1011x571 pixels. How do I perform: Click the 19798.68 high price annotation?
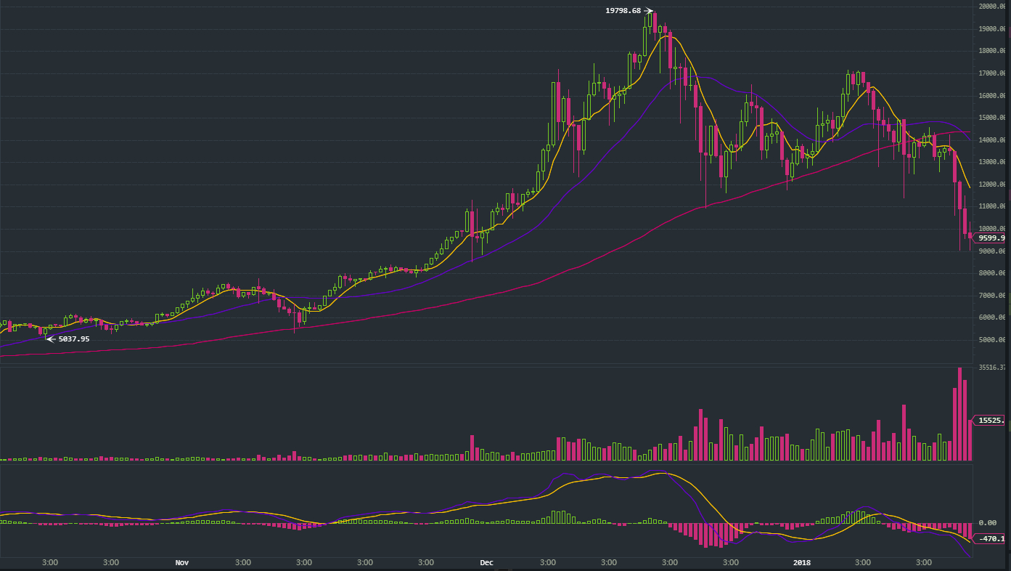[623, 10]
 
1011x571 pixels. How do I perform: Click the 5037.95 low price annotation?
[74, 339]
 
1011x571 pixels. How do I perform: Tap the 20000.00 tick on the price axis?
[991, 7]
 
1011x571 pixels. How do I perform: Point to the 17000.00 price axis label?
[991, 73]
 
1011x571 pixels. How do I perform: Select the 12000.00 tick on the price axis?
[991, 185]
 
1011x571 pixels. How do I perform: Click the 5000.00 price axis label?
[991, 340]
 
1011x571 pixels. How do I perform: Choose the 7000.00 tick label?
[991, 296]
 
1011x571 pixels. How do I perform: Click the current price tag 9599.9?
[991, 238]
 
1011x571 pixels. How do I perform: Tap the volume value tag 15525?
[991, 421]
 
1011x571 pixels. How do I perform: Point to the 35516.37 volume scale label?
[991, 368]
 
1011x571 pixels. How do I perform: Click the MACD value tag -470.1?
[991, 538]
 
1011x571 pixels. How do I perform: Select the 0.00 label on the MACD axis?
[987, 522]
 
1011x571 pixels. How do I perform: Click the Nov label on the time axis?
[182, 562]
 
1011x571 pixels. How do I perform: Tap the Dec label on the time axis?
[486, 562]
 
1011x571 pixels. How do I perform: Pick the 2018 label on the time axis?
[802, 562]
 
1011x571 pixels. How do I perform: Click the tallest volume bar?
[959, 414]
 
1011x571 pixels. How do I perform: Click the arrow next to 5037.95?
[51, 339]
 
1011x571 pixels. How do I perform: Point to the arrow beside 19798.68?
[649, 10]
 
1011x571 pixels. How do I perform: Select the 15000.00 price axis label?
[991, 118]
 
